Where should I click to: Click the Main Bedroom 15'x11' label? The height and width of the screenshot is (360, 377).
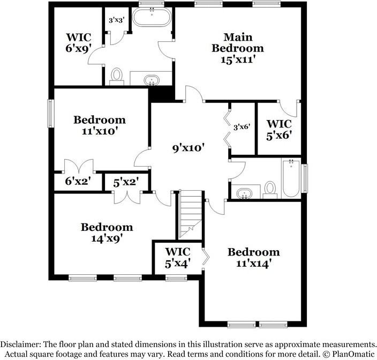(237, 48)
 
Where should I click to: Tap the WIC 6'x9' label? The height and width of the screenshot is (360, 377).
(78, 43)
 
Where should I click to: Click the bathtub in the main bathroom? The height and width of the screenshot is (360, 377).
(152, 18)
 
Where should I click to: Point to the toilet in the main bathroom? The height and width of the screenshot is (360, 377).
(117, 76)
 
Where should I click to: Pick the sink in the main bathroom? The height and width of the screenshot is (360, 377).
(153, 80)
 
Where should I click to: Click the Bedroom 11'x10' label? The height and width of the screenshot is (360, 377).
(100, 125)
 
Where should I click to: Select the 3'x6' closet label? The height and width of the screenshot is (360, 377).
(242, 127)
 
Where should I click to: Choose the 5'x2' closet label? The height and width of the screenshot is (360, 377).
(126, 183)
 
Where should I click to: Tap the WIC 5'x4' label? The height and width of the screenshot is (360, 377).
(178, 258)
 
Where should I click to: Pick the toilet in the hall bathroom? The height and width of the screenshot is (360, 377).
(270, 189)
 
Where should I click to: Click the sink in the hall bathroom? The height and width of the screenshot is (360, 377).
(245, 192)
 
